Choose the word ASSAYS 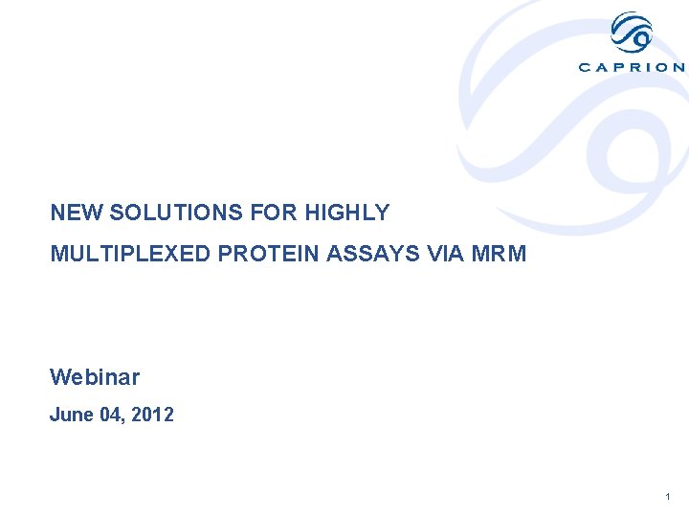coord(369,254)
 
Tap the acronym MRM coord(500,254)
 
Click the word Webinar coord(95,377)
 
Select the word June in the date coord(72,416)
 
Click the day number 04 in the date coord(112,416)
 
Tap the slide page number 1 coord(667,497)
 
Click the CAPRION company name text coord(632,67)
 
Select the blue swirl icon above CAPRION coord(632,34)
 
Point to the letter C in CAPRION coord(585,67)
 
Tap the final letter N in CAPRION coord(678,67)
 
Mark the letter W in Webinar coord(58,377)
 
